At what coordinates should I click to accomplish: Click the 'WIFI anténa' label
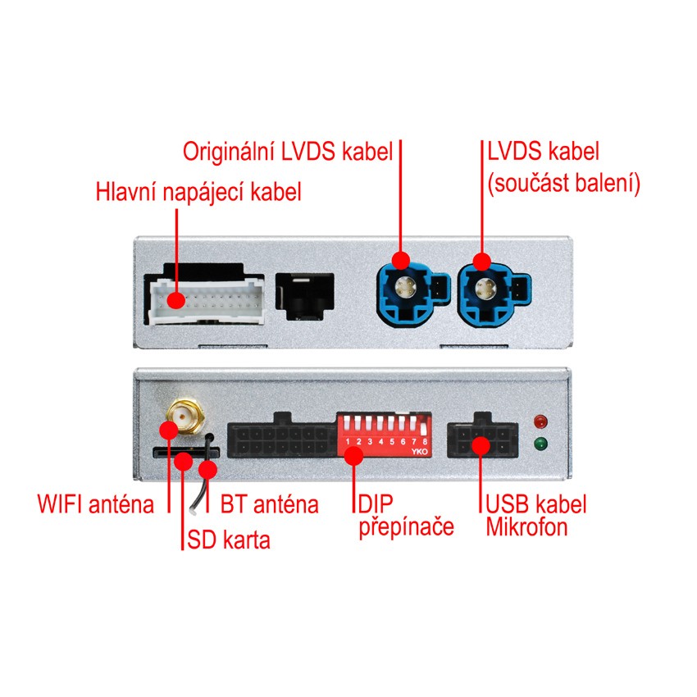tap(95, 503)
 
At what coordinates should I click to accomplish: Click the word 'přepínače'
tap(406, 526)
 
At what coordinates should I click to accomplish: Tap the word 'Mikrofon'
tap(526, 526)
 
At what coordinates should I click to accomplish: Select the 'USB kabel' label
tap(536, 503)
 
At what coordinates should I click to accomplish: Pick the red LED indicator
tap(540, 422)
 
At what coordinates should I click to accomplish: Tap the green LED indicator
tap(540, 444)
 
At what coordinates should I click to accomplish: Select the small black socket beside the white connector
tap(305, 294)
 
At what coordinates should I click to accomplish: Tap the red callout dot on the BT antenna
tap(208, 470)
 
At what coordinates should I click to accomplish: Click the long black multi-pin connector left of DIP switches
tap(282, 440)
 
